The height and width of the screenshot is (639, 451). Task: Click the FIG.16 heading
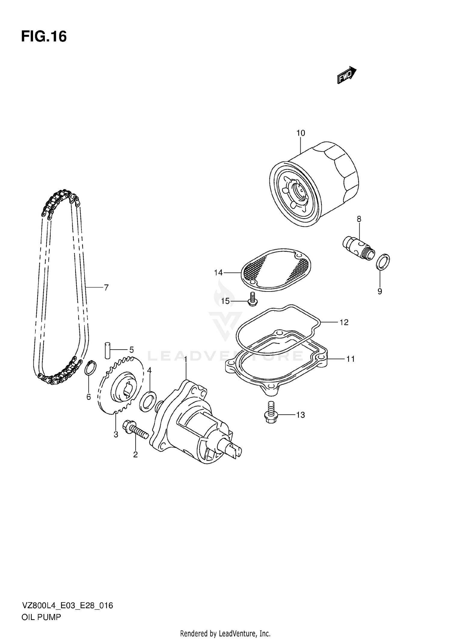pyautogui.click(x=44, y=37)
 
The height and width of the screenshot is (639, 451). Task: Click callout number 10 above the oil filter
pyautogui.click(x=300, y=133)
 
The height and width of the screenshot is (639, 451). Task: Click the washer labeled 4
pyautogui.click(x=148, y=401)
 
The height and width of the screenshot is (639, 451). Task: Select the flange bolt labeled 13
pyautogui.click(x=271, y=413)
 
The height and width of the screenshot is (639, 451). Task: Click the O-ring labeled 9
pyautogui.click(x=383, y=261)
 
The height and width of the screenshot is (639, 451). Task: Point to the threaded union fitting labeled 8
pyautogui.click(x=359, y=247)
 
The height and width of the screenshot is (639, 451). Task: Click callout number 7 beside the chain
pyautogui.click(x=106, y=288)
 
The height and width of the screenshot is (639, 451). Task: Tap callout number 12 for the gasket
pyautogui.click(x=344, y=322)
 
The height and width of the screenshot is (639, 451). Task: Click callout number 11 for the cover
pyautogui.click(x=350, y=359)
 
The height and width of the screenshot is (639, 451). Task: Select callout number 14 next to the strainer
pyautogui.click(x=218, y=273)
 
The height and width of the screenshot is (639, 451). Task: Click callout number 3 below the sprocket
pyautogui.click(x=116, y=435)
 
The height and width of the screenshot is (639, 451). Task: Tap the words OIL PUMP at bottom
pyautogui.click(x=41, y=617)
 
